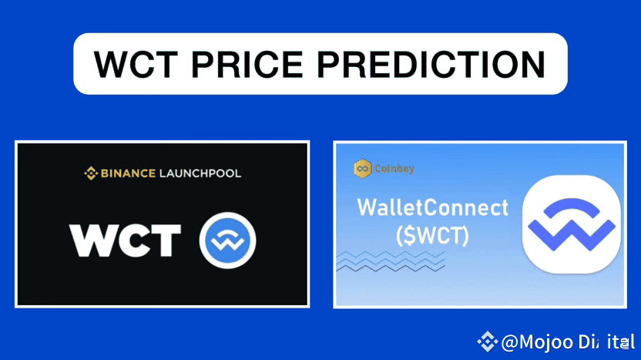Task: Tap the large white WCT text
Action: [x=126, y=241]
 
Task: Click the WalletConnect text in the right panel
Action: [x=434, y=208]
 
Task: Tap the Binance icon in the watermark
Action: [x=487, y=340]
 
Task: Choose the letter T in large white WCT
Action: [x=166, y=241]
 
